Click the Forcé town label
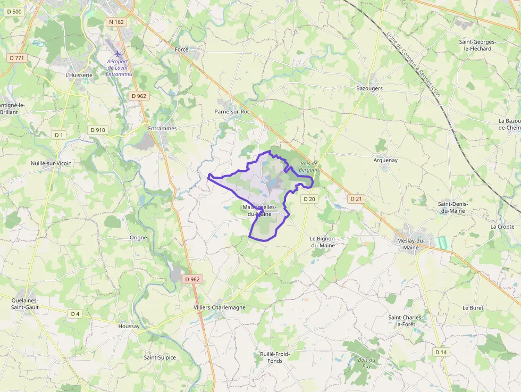pos(182,49)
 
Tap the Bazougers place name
pos(369,88)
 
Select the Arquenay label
pos(385,160)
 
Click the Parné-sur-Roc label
pos(232,112)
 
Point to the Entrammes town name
pos(162,129)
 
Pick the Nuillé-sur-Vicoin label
pos(51,163)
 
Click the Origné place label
pos(138,238)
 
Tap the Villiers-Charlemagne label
pos(220,307)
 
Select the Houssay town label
pos(129,326)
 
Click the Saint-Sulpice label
pos(159,357)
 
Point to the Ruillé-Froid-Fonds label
pos(275,357)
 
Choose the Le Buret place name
pos(472,308)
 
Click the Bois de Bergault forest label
pos(308,166)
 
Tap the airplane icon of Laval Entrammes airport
pos(118,54)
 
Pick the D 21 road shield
pos(356,198)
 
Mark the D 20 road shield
pos(309,199)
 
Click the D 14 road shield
pos(441,352)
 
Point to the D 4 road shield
pos(75,314)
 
